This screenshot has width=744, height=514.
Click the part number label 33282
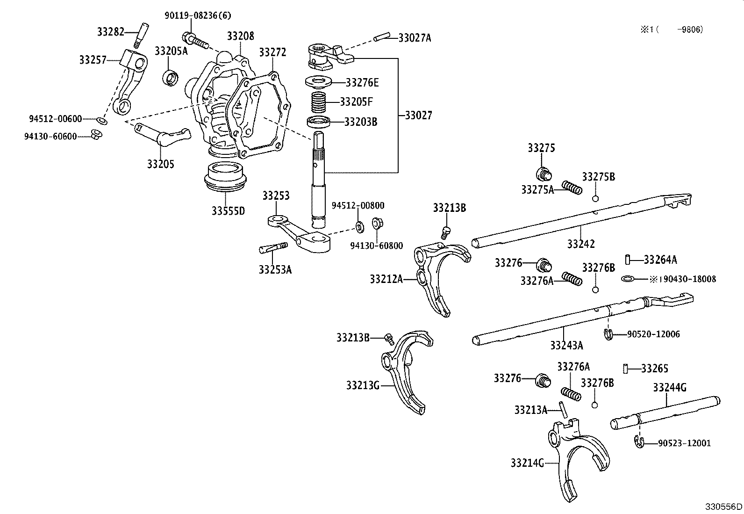tap(110, 32)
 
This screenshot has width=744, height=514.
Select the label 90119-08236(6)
tap(198, 15)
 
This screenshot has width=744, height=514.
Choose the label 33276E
tap(362, 83)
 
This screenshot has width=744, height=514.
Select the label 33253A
tap(275, 270)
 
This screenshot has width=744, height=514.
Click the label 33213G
tap(363, 385)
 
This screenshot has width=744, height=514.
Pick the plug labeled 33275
tap(543, 174)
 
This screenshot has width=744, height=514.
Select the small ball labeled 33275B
tap(595, 198)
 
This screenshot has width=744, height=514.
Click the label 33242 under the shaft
tap(581, 244)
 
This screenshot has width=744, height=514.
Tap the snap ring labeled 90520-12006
tap(608, 334)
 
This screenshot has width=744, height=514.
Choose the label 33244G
tap(669, 387)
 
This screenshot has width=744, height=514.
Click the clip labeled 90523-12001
tap(639, 442)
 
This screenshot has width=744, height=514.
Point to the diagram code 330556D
tap(723, 507)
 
